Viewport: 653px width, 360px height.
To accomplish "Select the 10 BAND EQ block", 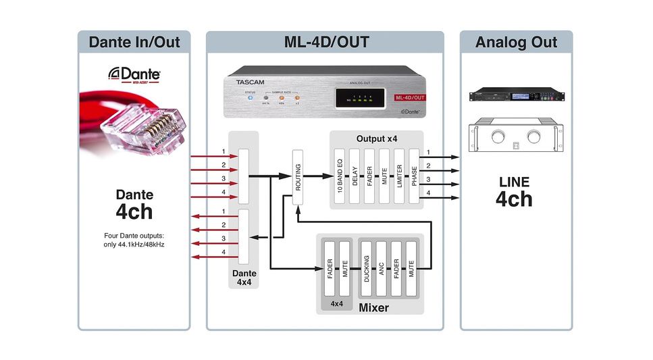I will click(x=340, y=176).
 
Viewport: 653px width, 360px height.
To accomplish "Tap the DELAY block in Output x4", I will click(x=355, y=176).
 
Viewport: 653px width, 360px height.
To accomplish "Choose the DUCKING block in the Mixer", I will click(x=367, y=268).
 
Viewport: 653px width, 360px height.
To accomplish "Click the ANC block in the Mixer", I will click(x=382, y=268).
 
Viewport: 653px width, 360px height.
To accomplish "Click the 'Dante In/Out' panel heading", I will click(x=134, y=43).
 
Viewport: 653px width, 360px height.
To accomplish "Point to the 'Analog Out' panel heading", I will click(x=516, y=43).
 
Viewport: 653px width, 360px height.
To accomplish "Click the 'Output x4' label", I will click(x=376, y=138).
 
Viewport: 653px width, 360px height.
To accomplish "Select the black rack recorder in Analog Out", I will click(x=516, y=97).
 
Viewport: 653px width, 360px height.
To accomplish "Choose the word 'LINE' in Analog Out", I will click(x=514, y=182).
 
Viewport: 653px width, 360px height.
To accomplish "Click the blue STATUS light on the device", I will click(x=249, y=99).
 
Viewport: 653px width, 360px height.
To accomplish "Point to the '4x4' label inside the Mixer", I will click(x=336, y=304).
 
